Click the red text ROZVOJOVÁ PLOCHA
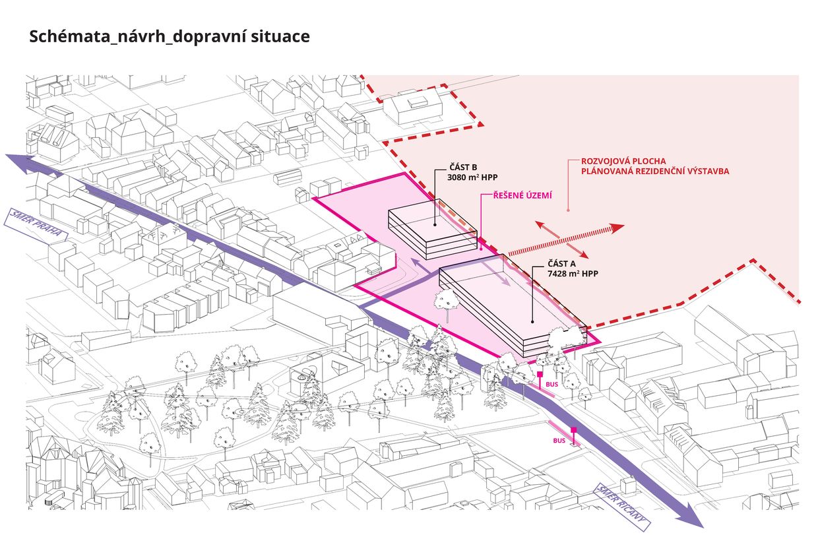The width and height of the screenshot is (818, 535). [x=623, y=161]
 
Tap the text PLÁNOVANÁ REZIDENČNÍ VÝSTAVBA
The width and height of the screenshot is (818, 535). [x=654, y=172]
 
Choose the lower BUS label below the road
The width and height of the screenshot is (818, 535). [x=559, y=439]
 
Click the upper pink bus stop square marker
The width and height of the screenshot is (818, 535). [x=540, y=375]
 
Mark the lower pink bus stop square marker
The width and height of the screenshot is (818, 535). [x=574, y=430]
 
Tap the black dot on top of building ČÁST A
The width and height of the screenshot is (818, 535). [x=532, y=323]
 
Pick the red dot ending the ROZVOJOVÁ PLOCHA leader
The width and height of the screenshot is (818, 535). [x=568, y=210]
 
